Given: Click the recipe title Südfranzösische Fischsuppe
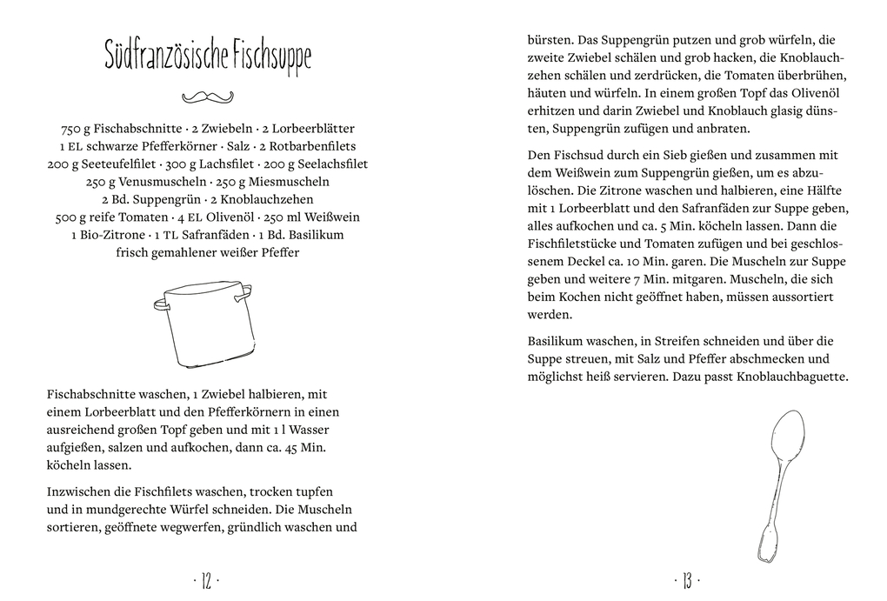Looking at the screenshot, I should pos(207,57).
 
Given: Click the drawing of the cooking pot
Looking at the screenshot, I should pos(206,324).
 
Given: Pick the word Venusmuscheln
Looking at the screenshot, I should pos(159,182).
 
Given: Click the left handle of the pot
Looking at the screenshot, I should pos(161,304).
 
